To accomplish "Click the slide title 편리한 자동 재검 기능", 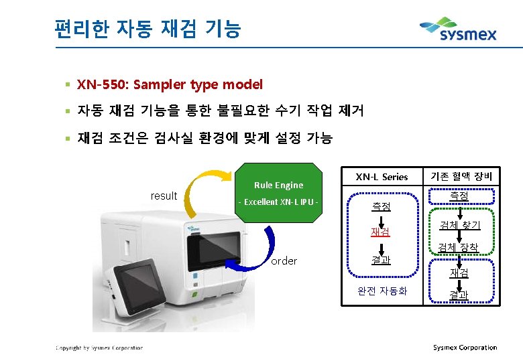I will click(148, 29).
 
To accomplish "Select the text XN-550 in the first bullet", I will click(103, 85).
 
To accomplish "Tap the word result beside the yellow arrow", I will click(164, 196).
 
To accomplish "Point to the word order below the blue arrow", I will click(284, 261).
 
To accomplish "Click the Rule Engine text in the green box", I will click(278, 185).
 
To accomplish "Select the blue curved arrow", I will click(270, 245).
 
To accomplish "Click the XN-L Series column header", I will click(382, 177).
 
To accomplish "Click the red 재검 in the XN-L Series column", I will click(381, 232).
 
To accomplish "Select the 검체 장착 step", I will click(459, 248).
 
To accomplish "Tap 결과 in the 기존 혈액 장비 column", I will click(459, 295).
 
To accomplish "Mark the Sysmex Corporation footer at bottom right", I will click(465, 348).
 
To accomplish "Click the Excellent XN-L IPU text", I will click(278, 202).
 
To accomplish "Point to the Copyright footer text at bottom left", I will click(99, 348).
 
